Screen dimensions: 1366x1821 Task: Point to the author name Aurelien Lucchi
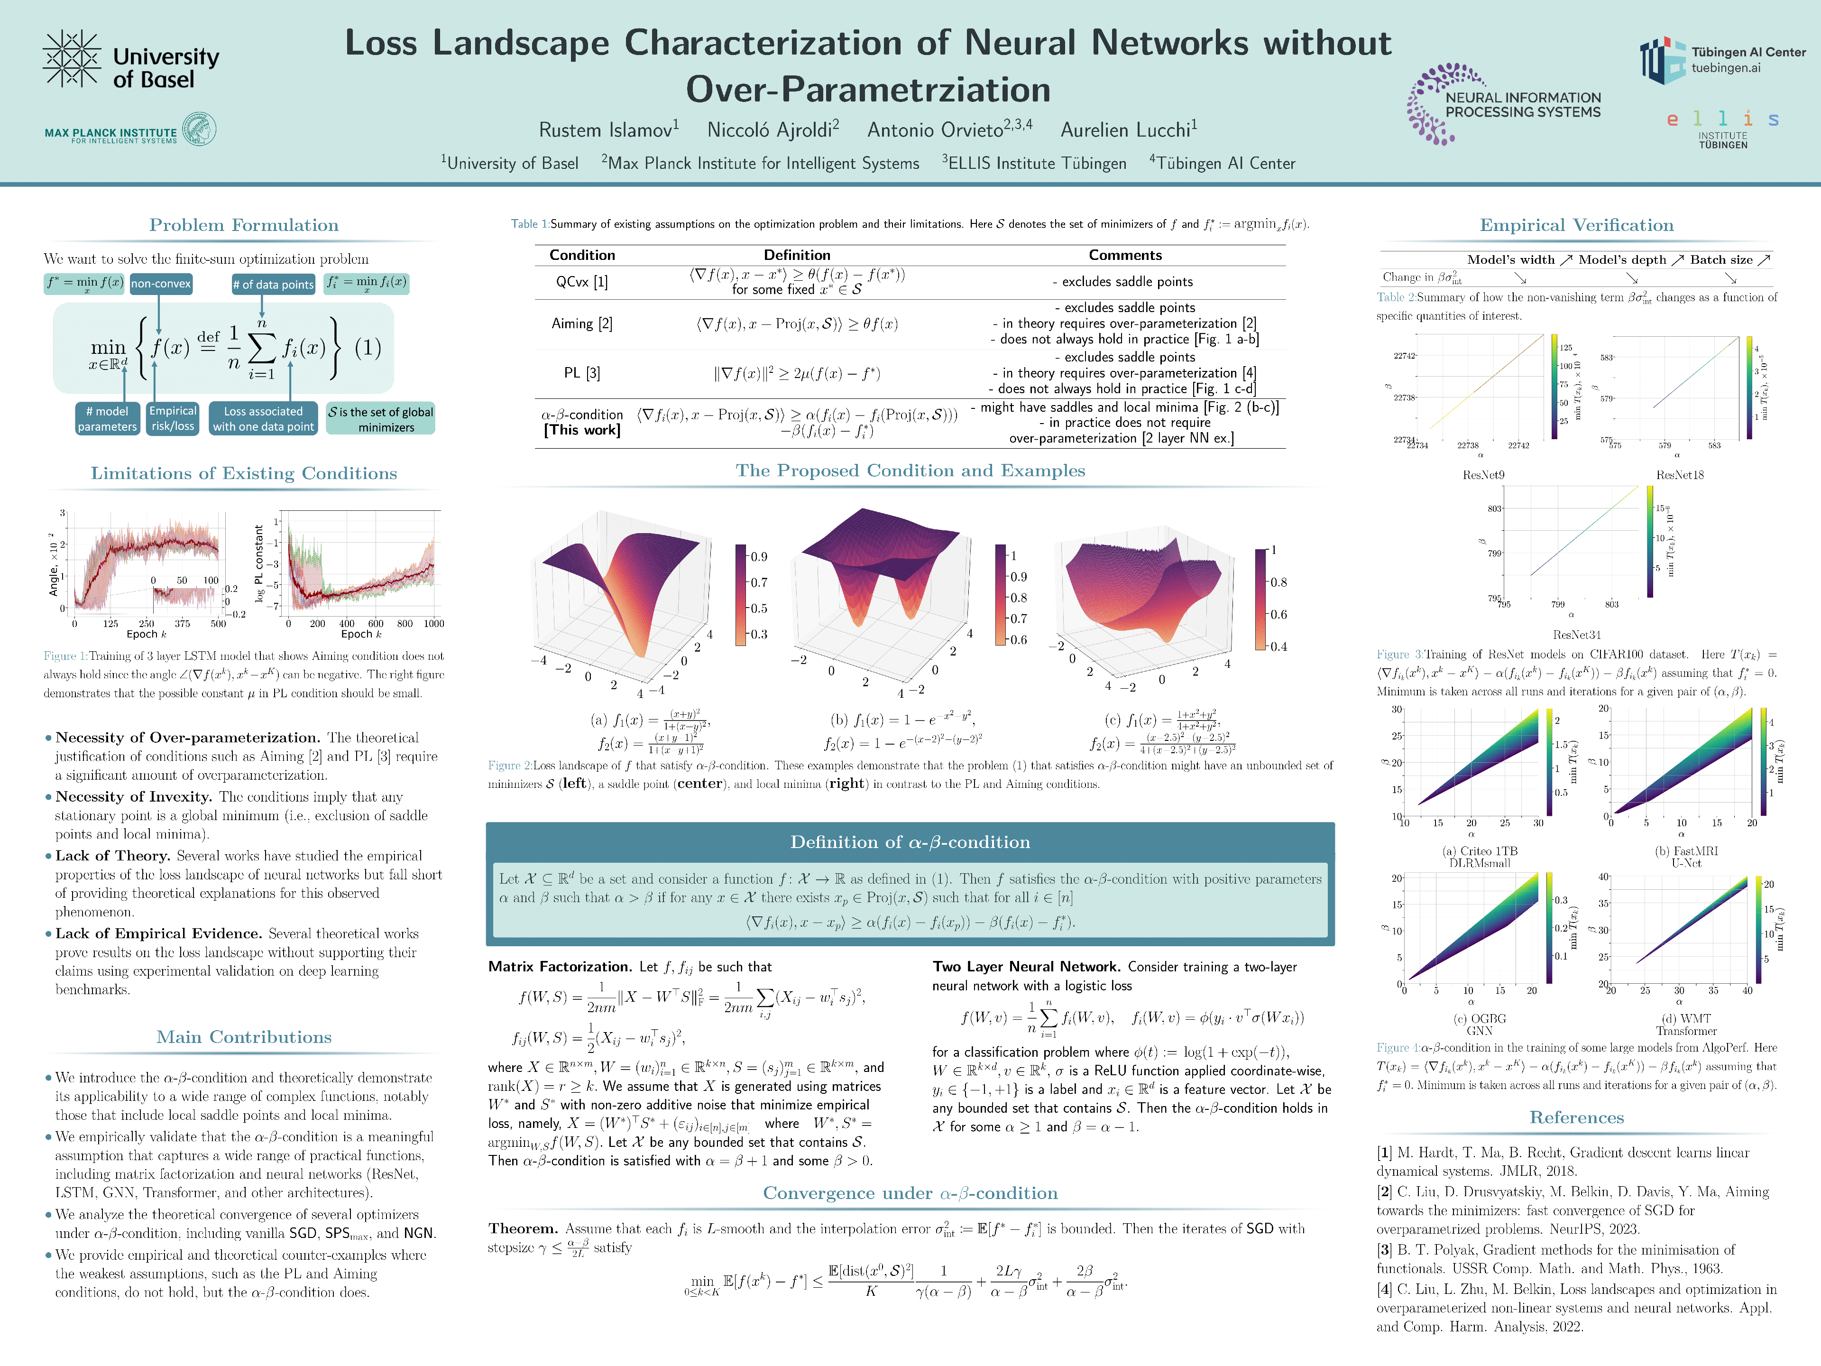coord(1128,129)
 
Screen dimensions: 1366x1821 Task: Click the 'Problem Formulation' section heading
coord(244,225)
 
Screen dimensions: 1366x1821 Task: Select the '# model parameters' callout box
coord(107,418)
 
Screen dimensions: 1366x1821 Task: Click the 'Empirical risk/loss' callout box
coord(173,418)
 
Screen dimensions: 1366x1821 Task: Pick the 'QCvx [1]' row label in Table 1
coord(581,282)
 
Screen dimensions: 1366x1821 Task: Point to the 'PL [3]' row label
coord(581,373)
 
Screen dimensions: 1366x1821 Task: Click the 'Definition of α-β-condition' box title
coord(910,841)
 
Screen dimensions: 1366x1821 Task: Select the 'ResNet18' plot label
coord(1679,475)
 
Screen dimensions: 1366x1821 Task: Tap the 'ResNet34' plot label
coord(1576,635)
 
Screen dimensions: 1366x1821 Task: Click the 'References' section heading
coord(1576,1117)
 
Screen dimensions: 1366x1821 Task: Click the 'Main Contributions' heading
coord(244,1037)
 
